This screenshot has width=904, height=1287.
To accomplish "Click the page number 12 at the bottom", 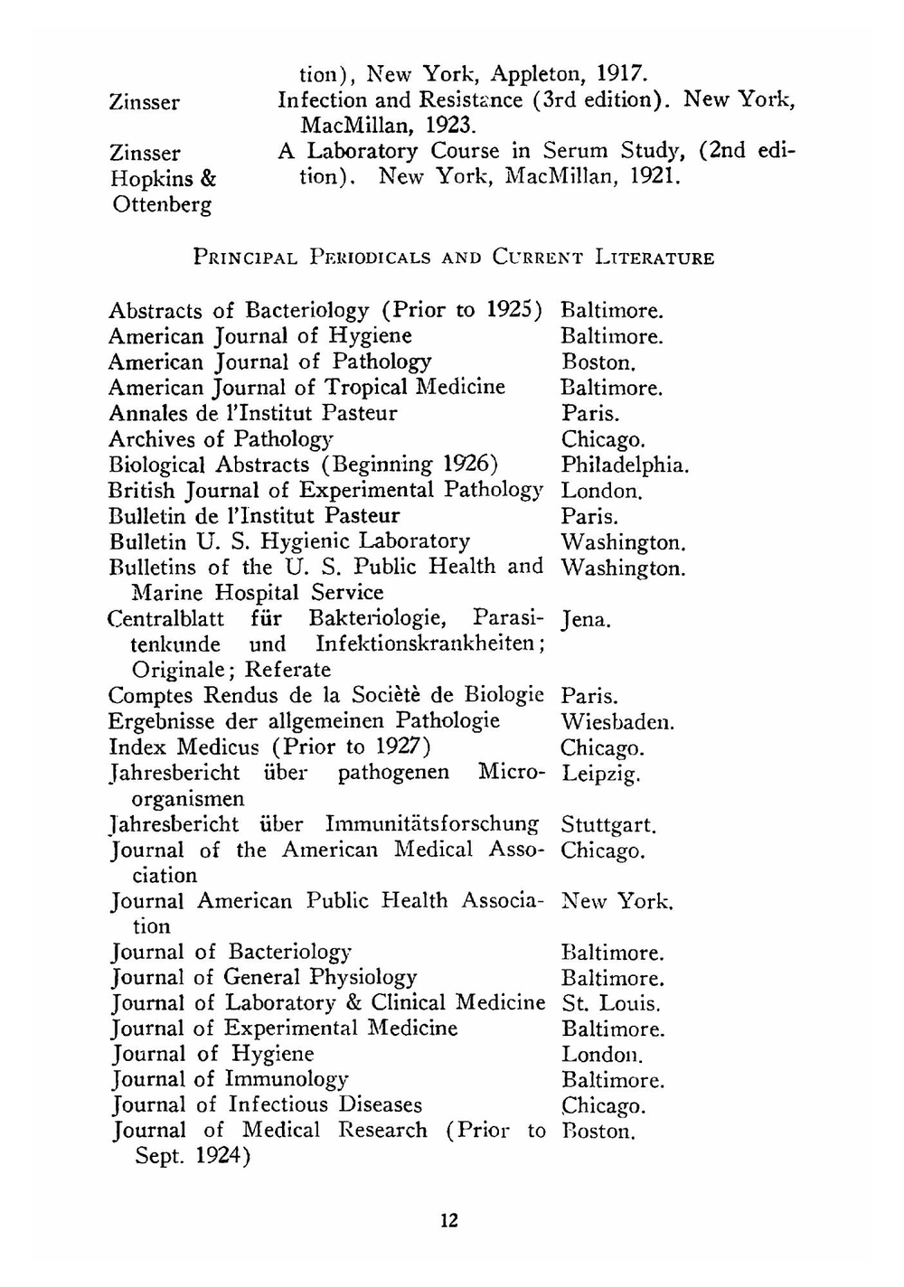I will click(x=449, y=1221).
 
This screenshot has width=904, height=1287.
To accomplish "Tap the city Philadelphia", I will click(x=624, y=465).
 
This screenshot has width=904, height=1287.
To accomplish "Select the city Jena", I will click(x=586, y=620).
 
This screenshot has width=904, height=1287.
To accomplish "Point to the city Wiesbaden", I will click(x=617, y=722).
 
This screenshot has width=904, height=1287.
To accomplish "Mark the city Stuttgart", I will click(x=607, y=825).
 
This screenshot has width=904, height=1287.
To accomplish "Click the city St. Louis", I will click(x=610, y=1004).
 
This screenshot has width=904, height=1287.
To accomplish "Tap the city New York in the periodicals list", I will click(x=617, y=901).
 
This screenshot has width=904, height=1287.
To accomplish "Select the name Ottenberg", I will click(x=162, y=205).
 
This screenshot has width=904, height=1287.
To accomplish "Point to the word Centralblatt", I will click(x=165, y=619).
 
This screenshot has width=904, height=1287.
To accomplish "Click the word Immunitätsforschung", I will click(x=431, y=824).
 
